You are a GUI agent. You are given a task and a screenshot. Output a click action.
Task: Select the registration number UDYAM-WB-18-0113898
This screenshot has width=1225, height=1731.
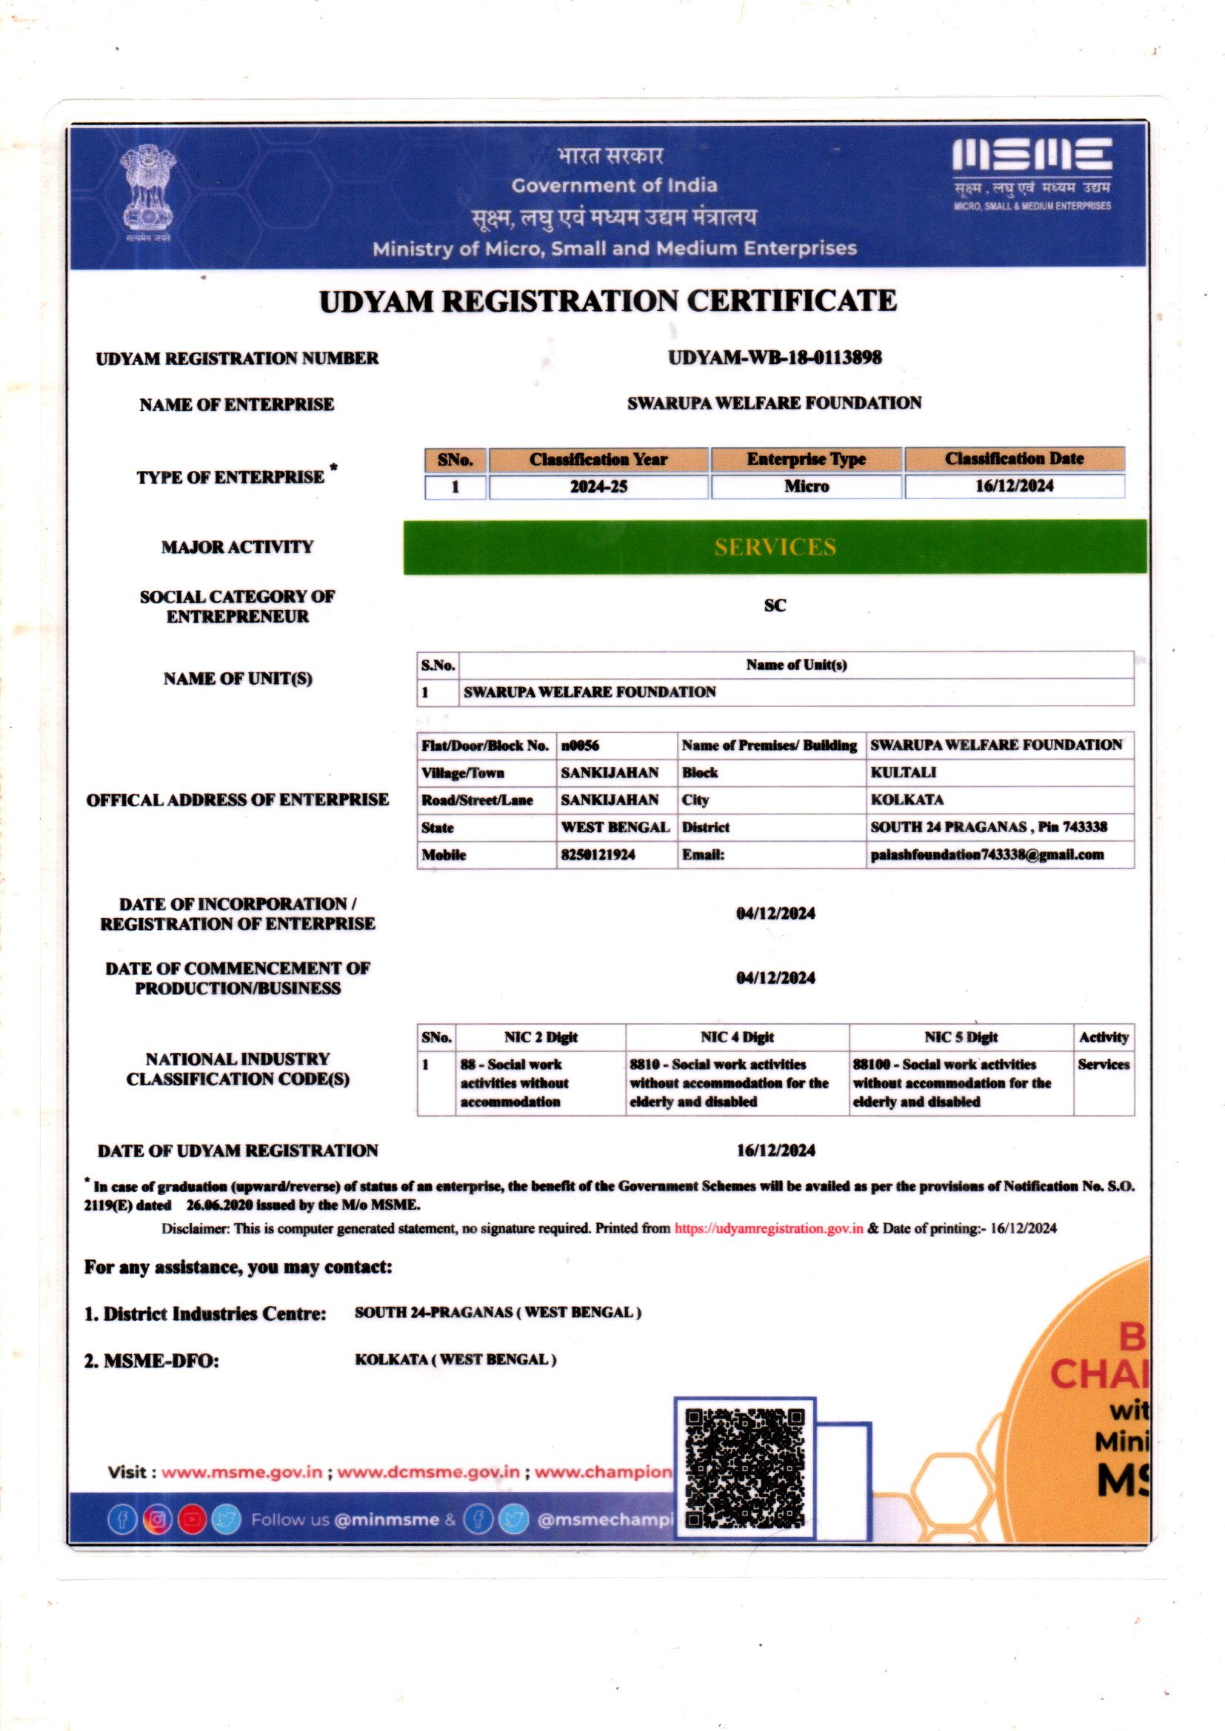pyautogui.click(x=775, y=358)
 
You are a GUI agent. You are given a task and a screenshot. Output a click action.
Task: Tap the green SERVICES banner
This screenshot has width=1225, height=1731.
pyautogui.click(x=775, y=546)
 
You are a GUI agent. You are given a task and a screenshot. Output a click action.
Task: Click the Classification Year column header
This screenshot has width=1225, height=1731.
pyautogui.click(x=598, y=459)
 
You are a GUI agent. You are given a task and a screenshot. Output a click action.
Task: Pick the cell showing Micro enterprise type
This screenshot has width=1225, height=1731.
pyautogui.click(x=807, y=486)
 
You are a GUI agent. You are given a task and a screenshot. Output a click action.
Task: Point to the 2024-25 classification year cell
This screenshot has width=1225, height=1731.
pyautogui.click(x=598, y=486)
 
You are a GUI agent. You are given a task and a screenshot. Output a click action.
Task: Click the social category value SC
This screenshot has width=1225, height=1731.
pyautogui.click(x=775, y=606)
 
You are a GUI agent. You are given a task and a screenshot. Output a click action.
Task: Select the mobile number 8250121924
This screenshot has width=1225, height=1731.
pyautogui.click(x=598, y=854)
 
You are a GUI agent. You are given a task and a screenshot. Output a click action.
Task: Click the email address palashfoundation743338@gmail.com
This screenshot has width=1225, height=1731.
pyautogui.click(x=987, y=854)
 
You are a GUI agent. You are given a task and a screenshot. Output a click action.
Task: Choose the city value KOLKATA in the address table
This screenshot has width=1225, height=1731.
pyautogui.click(x=907, y=800)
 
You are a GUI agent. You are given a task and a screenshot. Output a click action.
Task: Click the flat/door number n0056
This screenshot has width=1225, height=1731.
pyautogui.click(x=580, y=746)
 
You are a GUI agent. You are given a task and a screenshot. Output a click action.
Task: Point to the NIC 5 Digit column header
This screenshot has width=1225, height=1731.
pyautogui.click(x=961, y=1037)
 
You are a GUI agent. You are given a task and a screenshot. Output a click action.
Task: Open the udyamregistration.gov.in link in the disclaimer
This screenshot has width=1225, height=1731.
pyautogui.click(x=769, y=1228)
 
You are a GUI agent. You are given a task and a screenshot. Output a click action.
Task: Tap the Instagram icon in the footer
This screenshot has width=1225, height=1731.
pyautogui.click(x=157, y=1519)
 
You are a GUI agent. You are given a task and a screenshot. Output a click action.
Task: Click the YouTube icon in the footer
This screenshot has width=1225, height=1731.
pyautogui.click(x=192, y=1519)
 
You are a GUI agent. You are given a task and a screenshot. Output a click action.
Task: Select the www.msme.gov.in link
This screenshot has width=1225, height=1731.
pyautogui.click(x=241, y=1472)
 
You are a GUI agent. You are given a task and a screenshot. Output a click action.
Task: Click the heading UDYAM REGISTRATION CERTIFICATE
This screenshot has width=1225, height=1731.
pyautogui.click(x=608, y=301)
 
